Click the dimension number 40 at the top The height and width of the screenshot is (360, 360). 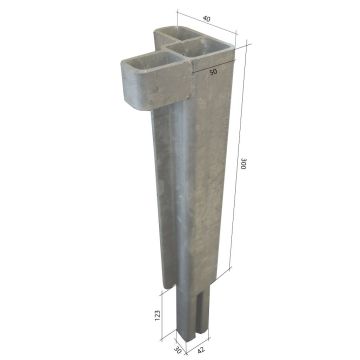[x=206, y=19]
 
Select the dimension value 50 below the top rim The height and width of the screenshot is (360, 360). [x=213, y=71]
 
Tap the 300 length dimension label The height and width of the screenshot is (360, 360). [x=244, y=163]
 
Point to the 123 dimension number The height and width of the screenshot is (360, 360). [x=158, y=315]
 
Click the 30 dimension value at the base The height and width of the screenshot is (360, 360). [x=178, y=350]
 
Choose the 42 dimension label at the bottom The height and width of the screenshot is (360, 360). [x=202, y=350]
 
